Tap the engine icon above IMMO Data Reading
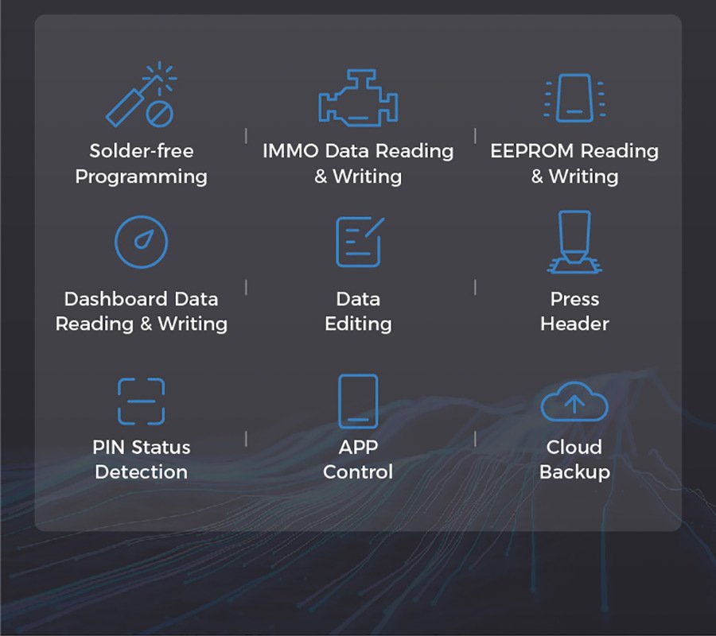pyautogui.click(x=358, y=97)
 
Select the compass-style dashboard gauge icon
pyautogui.click(x=141, y=242)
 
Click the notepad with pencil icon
pyautogui.click(x=360, y=242)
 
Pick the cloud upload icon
pyautogui.click(x=574, y=401)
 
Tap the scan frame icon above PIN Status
pyautogui.click(x=141, y=401)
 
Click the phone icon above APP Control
pyautogui.click(x=358, y=401)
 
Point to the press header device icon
pyautogui.click(x=574, y=242)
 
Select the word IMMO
pyautogui.click(x=290, y=151)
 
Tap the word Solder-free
pyautogui.click(x=142, y=151)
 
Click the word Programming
pyautogui.click(x=141, y=177)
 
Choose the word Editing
pyautogui.click(x=358, y=324)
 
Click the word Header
pyautogui.click(x=574, y=324)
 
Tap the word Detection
pyautogui.click(x=141, y=472)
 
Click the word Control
pyautogui.click(x=358, y=472)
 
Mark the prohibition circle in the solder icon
pyautogui.click(x=160, y=114)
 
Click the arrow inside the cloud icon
pyautogui.click(x=574, y=403)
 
